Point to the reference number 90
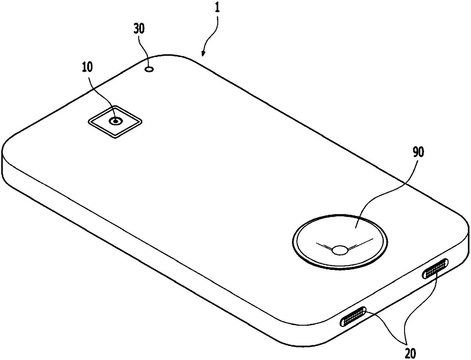pos(410,153)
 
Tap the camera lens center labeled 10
pos(115,121)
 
